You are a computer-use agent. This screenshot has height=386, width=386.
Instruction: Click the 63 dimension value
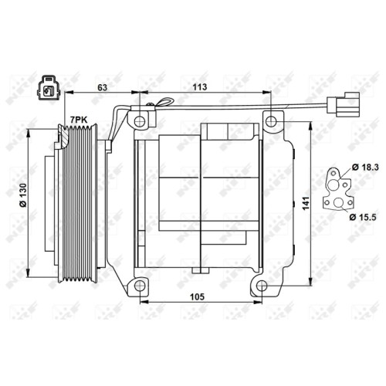click(x=103, y=87)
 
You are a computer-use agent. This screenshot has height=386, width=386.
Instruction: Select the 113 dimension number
click(x=200, y=87)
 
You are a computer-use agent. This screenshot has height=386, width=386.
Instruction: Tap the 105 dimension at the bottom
click(x=197, y=296)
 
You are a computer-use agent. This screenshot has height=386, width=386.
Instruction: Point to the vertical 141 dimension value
click(x=306, y=203)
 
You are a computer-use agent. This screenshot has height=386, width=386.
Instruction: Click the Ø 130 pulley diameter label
click(x=23, y=195)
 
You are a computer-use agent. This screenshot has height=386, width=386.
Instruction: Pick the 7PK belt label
click(x=79, y=120)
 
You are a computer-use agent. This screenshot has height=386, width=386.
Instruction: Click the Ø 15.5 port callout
click(x=363, y=217)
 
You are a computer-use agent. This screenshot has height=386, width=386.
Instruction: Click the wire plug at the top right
click(x=344, y=105)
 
